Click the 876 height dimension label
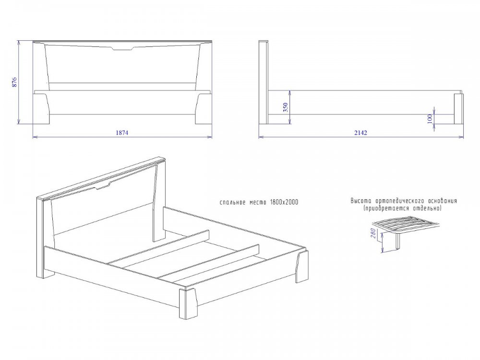pos(14,83)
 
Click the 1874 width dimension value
pos(122,132)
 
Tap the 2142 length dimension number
pos(360,132)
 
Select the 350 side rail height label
pos(285,108)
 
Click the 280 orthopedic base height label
pos(373,233)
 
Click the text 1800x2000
pos(284,203)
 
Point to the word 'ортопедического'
pos(397,201)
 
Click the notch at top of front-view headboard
pos(122,48)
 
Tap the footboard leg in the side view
pos(458,108)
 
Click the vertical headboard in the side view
pos(264,83)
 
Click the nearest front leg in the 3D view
pos(188,303)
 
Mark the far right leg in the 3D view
pos(302,266)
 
